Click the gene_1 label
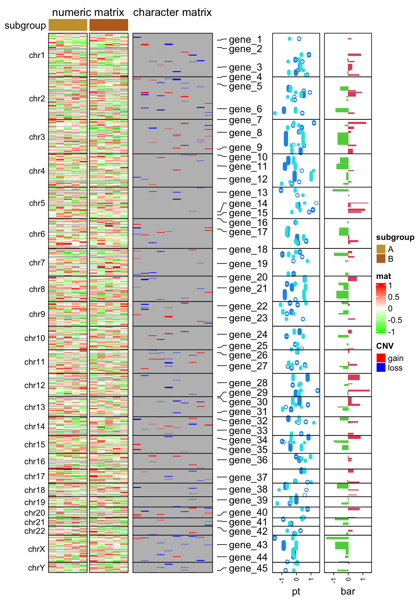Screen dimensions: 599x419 coord(245,40)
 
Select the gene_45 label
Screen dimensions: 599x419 coord(248,568)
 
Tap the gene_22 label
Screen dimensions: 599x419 coord(248,306)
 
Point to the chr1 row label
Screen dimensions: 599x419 coord(37,55)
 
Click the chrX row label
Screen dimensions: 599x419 coord(36,549)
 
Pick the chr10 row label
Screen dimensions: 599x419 coord(35,338)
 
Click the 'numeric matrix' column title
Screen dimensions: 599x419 coord(88,12)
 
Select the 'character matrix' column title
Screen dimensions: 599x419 coord(172,12)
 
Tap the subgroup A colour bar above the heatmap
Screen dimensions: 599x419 coord(68,25)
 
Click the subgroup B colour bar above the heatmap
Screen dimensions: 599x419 coord(109,25)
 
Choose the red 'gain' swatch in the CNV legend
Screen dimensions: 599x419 coord(381,358)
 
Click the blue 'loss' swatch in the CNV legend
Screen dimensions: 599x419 coord(381,368)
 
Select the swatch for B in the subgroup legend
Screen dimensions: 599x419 coord(381,259)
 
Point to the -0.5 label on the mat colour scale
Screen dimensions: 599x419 coord(395,320)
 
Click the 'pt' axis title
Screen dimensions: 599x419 coord(296,591)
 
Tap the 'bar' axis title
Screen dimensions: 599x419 coord(348,591)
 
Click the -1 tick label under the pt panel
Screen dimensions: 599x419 coord(282,580)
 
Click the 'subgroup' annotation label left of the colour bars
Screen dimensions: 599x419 coord(25,26)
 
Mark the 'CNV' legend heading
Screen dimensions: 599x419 coord(385,346)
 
